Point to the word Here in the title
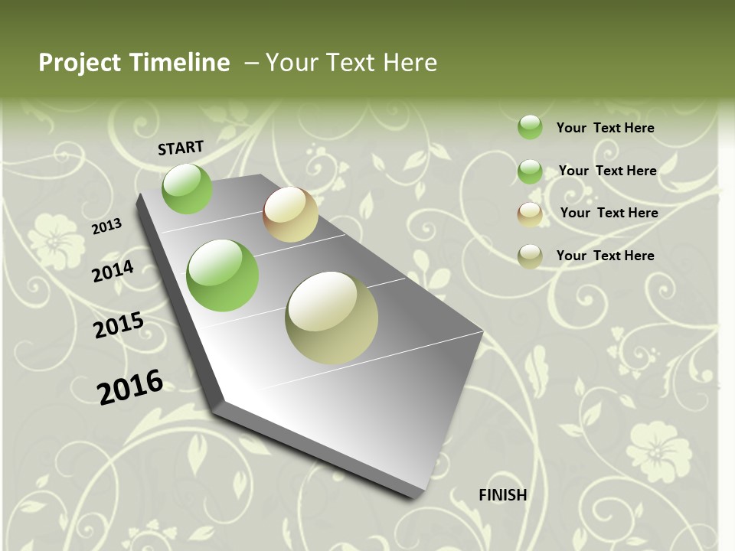click(410, 63)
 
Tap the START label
click(181, 148)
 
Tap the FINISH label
click(503, 495)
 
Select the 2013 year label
click(107, 226)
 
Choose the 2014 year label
click(113, 271)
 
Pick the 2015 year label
click(119, 325)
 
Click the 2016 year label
click(130, 386)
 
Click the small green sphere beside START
click(187, 189)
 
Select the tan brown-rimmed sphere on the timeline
click(290, 214)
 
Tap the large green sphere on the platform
click(223, 275)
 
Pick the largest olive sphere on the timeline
click(332, 318)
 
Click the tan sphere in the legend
click(530, 214)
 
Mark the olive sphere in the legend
click(530, 256)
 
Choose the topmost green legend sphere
click(530, 127)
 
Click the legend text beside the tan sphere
click(609, 213)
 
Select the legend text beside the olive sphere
click(605, 256)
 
